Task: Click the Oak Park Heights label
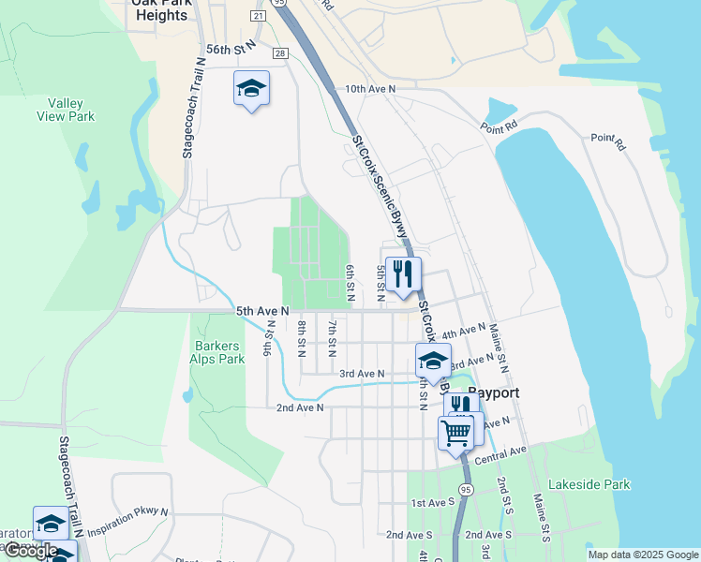click(159, 8)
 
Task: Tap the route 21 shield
click(258, 16)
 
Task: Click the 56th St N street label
click(231, 49)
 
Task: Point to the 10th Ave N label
click(370, 89)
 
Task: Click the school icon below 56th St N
click(251, 89)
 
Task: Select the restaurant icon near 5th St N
click(403, 274)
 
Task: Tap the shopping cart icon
click(456, 433)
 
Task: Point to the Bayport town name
click(493, 392)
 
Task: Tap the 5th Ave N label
click(262, 310)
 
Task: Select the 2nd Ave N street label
click(300, 407)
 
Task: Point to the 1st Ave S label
click(432, 503)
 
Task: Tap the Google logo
click(30, 551)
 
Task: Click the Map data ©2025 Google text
click(642, 555)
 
